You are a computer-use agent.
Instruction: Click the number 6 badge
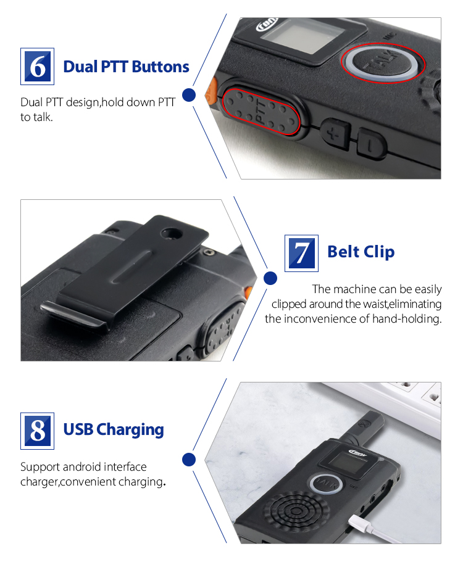point(38,66)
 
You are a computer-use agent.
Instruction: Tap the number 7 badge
point(301,253)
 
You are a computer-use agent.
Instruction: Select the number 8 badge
point(38,430)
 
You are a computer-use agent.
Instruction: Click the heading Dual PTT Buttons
point(126,67)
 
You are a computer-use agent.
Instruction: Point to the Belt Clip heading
point(361,252)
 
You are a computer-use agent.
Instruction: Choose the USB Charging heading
point(114,429)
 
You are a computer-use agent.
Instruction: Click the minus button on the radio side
point(370,144)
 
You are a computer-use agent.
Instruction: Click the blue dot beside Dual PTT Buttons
point(190,95)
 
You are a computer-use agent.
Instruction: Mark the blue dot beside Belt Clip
point(270,278)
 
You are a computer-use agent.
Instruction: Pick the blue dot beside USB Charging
point(190,459)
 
